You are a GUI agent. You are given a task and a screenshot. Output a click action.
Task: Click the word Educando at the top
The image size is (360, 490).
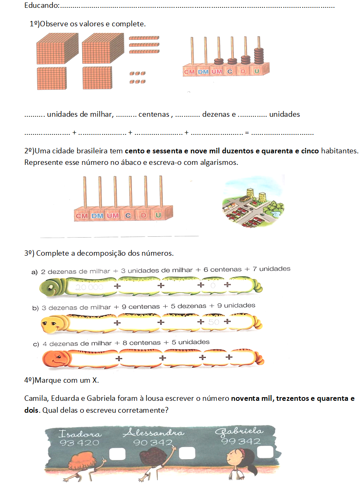42,6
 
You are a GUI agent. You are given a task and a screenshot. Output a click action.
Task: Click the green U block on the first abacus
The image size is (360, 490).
257,72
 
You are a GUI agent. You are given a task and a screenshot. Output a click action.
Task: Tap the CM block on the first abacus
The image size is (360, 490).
189,72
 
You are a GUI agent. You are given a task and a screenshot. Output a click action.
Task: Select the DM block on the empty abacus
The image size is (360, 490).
97,215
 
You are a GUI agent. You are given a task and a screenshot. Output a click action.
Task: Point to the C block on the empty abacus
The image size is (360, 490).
128,215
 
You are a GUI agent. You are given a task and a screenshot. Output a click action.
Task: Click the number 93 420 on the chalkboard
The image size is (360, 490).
79,443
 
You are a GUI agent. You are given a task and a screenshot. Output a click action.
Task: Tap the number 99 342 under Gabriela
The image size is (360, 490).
241,441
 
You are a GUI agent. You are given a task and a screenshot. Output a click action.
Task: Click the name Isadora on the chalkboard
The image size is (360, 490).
80,433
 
